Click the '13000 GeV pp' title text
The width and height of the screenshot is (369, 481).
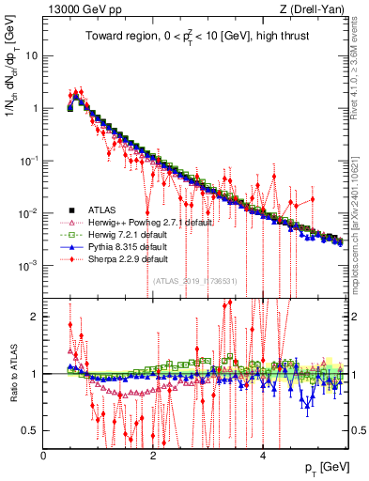[x=79, y=9]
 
